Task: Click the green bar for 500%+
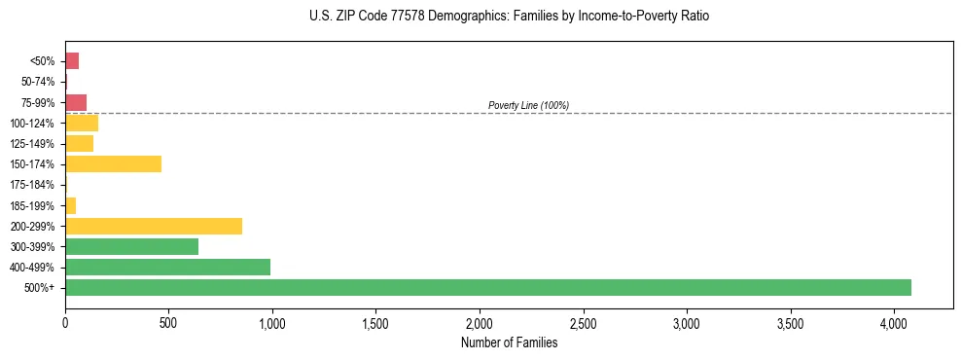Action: point(487,288)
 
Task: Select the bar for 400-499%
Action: point(167,267)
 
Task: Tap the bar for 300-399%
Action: point(131,246)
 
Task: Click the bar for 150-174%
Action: point(113,164)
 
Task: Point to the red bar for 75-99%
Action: point(76,102)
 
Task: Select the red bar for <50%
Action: point(72,61)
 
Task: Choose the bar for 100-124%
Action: point(82,124)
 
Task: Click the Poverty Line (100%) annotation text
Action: point(528,105)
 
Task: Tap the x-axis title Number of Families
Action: point(509,342)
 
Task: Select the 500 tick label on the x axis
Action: point(168,322)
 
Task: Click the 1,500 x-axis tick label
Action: point(375,322)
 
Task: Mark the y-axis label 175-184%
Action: point(32,185)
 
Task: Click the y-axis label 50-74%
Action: point(37,82)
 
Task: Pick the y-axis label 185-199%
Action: point(32,205)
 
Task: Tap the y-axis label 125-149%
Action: point(32,144)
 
